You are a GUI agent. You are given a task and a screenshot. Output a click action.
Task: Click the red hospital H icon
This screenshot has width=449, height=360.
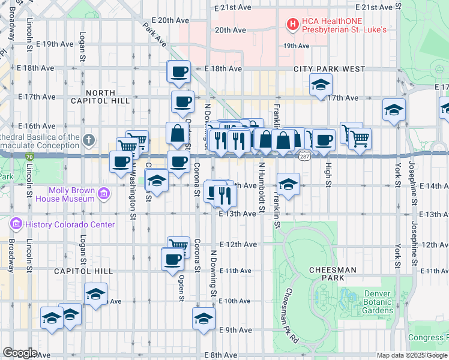click(x=292, y=24)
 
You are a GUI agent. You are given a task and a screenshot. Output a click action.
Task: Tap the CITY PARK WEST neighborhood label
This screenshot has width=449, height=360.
click(x=329, y=69)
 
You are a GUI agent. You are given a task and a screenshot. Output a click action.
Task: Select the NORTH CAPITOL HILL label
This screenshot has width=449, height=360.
click(x=107, y=97)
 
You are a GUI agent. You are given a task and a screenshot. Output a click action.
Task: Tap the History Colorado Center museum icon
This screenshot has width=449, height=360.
click(x=16, y=224)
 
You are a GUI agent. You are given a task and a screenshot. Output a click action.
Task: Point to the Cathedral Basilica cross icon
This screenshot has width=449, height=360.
click(x=89, y=141)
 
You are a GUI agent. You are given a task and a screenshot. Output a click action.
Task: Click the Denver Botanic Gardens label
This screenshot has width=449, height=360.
click(x=378, y=302)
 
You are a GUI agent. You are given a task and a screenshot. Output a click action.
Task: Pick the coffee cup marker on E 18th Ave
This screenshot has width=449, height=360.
click(x=179, y=73)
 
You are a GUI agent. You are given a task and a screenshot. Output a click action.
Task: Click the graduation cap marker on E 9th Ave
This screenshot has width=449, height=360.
click(x=203, y=319)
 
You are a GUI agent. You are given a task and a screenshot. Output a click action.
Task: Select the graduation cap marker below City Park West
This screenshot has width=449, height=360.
click(x=321, y=85)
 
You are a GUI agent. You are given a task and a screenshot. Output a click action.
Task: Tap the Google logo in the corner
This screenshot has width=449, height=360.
click(x=20, y=352)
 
